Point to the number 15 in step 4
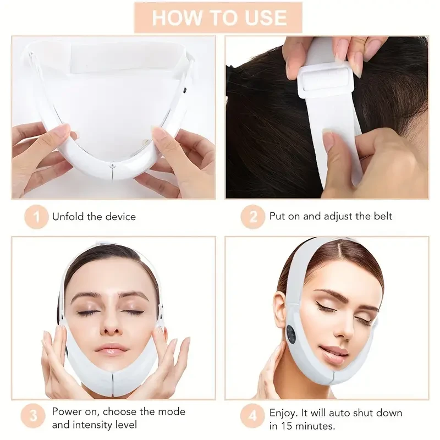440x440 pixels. (x=285, y=426)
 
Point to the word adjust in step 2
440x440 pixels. (x=337, y=216)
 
